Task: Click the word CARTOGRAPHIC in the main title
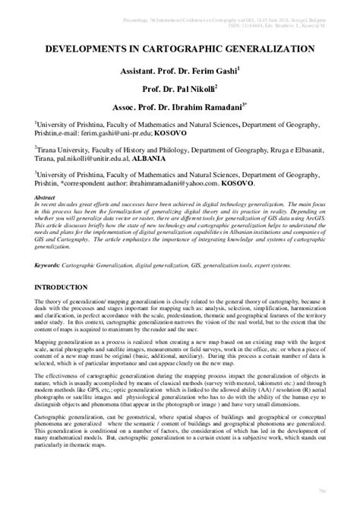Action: pos(181,47)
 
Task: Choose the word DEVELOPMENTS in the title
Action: pos(89,47)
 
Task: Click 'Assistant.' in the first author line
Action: pos(139,70)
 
